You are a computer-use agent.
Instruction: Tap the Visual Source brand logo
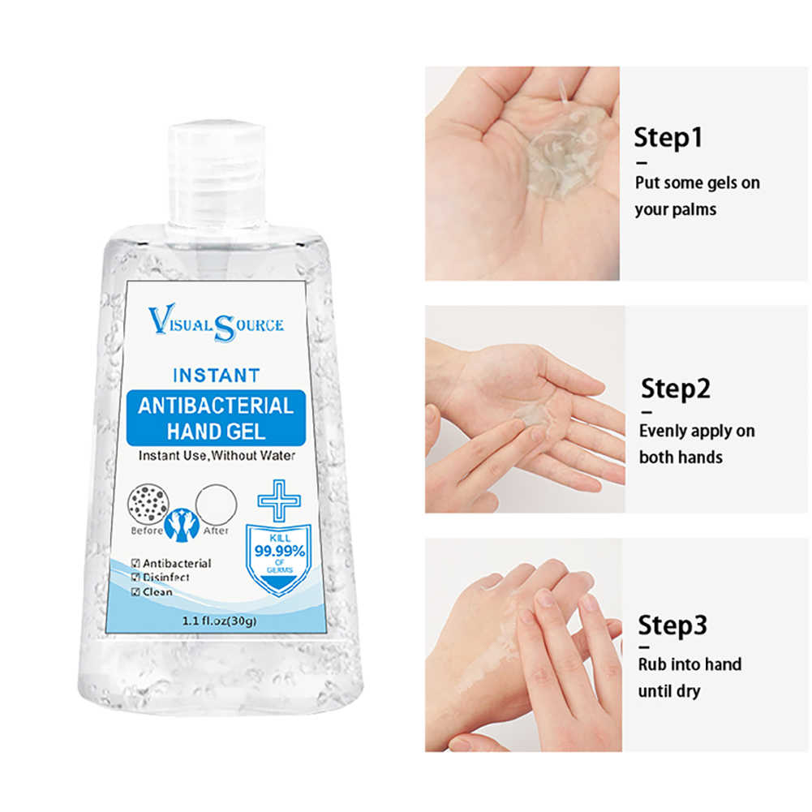216,323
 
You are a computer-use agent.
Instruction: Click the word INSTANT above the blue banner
217,376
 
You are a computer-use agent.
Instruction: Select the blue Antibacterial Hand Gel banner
216,418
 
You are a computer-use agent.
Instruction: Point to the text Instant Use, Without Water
217,456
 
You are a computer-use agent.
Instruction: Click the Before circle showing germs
148,504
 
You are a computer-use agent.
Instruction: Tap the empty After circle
216,504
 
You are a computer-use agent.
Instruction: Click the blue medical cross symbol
279,501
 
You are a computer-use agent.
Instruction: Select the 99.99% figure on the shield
280,551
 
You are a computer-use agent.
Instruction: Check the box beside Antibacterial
135,564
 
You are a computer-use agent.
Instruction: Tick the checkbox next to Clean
135,592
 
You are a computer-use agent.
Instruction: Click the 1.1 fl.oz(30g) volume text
219,621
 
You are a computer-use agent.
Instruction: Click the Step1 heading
668,138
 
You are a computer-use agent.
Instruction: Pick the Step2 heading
675,389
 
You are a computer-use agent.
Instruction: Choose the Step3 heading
672,625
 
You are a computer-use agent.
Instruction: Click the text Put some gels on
697,183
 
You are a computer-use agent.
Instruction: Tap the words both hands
681,458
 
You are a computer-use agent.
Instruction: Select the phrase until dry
669,691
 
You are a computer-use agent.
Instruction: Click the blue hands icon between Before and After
182,525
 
